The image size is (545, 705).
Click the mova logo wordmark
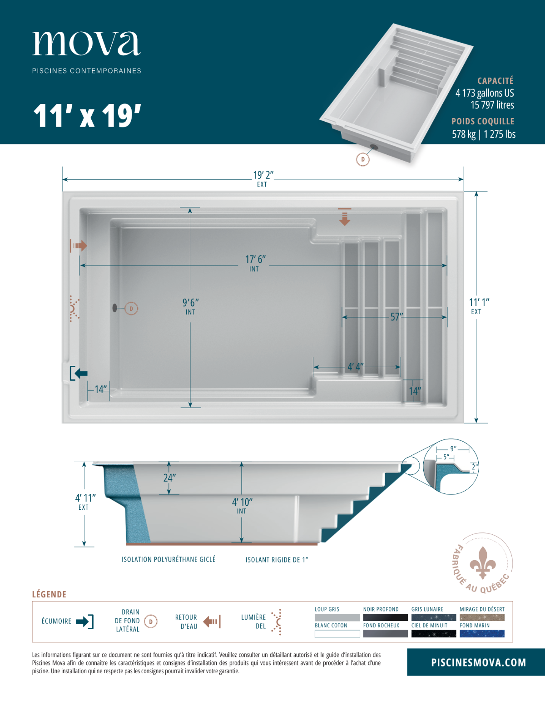(x=86, y=44)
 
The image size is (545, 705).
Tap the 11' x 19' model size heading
(x=87, y=116)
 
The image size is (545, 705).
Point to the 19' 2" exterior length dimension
(x=263, y=175)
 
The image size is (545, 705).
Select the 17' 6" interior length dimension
(x=255, y=260)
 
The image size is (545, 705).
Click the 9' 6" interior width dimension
(x=191, y=303)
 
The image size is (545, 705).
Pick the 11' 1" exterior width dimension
(x=479, y=302)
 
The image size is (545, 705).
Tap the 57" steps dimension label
(x=396, y=317)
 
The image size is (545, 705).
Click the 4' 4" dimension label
(x=356, y=367)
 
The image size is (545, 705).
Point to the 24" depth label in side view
(x=170, y=478)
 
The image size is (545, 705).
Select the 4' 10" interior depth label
(x=242, y=502)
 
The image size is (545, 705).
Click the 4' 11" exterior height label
(x=85, y=498)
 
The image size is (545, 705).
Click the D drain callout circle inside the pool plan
(x=131, y=309)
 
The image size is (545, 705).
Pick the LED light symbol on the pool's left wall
(x=74, y=309)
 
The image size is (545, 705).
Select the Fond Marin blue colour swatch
(x=482, y=634)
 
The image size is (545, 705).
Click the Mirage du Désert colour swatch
(x=482, y=617)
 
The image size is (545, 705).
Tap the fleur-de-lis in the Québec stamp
(x=483, y=563)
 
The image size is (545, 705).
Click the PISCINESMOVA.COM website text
(x=478, y=662)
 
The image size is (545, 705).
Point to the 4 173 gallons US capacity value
(x=485, y=93)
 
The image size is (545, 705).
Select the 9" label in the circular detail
(x=453, y=449)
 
